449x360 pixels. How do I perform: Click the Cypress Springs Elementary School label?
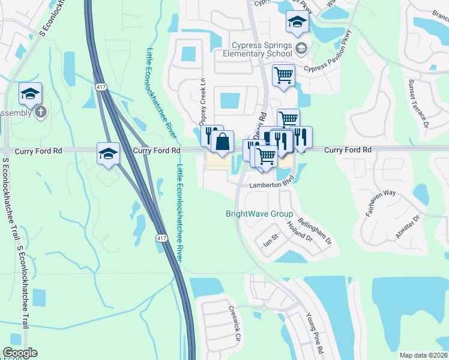[x=262, y=51]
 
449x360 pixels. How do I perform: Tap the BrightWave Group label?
[x=259, y=214]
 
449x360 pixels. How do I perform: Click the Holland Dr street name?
[x=300, y=230]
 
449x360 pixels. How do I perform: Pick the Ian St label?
[x=269, y=242]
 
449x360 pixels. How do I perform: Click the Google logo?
[x=20, y=353]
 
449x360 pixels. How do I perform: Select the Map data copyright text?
[x=424, y=355]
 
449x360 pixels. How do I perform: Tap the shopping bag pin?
[x=222, y=142]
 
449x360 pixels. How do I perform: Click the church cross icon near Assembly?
[x=41, y=112]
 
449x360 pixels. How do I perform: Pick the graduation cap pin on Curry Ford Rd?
[x=108, y=154]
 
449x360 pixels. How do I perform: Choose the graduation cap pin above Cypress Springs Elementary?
[x=297, y=23]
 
